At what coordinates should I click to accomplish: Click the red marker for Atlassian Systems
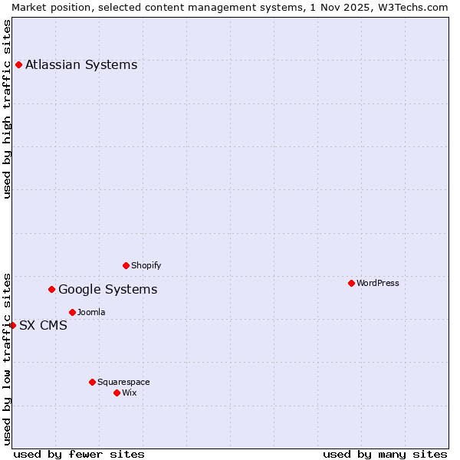click(x=18, y=64)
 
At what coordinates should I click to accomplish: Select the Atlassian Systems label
click(x=81, y=64)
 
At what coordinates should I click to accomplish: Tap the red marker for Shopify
click(x=126, y=265)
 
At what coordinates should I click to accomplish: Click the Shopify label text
click(x=146, y=265)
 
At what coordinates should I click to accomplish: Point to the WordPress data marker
click(x=351, y=283)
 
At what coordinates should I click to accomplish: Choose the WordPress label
click(x=377, y=283)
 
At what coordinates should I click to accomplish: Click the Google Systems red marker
click(x=51, y=289)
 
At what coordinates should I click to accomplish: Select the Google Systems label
click(x=107, y=289)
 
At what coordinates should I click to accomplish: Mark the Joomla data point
click(x=72, y=312)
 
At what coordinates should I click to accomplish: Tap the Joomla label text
click(x=91, y=312)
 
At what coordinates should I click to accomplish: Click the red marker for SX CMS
click(x=12, y=325)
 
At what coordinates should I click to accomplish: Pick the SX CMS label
click(x=43, y=325)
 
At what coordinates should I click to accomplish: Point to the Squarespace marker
click(x=92, y=382)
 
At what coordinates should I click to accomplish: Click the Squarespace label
click(x=123, y=382)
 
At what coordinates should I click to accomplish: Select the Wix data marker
click(x=117, y=393)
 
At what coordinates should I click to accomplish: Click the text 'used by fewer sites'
click(x=79, y=454)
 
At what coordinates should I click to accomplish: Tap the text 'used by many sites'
click(x=385, y=454)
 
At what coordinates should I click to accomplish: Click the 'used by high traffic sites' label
click(x=7, y=109)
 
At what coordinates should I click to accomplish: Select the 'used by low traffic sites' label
click(x=7, y=358)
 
